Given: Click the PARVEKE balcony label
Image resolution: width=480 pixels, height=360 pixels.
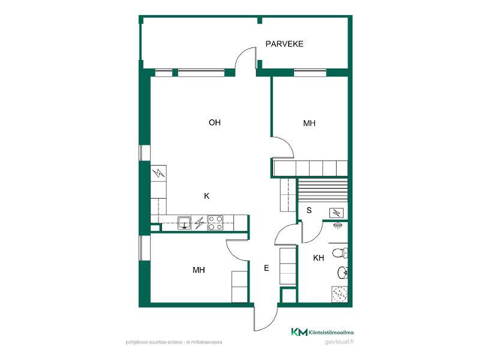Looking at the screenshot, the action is [x=284, y=44].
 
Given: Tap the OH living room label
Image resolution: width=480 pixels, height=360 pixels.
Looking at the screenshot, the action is [x=215, y=122].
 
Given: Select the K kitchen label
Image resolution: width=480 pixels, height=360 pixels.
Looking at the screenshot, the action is [x=206, y=196].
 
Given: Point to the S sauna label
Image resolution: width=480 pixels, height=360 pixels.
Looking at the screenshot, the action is [x=309, y=211].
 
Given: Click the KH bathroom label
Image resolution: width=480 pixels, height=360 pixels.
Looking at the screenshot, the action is [x=319, y=258].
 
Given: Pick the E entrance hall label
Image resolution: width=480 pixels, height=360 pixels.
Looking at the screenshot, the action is [x=266, y=268].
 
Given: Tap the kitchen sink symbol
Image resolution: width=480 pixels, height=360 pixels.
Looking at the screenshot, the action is [x=184, y=223].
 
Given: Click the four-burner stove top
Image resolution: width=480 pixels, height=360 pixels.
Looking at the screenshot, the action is [x=215, y=223].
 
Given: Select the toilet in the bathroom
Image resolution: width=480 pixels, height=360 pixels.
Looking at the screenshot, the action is [x=340, y=253].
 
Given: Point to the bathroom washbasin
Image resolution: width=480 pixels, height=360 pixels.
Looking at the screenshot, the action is [x=343, y=272].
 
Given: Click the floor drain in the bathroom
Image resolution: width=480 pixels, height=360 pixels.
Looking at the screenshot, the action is [x=340, y=294].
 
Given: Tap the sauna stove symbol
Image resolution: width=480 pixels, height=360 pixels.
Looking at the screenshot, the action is [x=337, y=212].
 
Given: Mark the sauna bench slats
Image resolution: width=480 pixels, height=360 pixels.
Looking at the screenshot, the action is [x=323, y=190].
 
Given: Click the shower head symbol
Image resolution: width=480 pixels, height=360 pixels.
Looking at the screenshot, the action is [x=338, y=225].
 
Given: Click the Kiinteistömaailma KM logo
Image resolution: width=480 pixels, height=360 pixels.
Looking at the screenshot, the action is [x=322, y=332].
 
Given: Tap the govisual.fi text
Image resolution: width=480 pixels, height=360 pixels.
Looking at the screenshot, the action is [x=339, y=342].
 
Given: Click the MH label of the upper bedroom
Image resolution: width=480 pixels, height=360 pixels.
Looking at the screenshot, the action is [x=309, y=123].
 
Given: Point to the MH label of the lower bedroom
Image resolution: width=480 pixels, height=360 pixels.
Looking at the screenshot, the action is [x=199, y=270].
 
